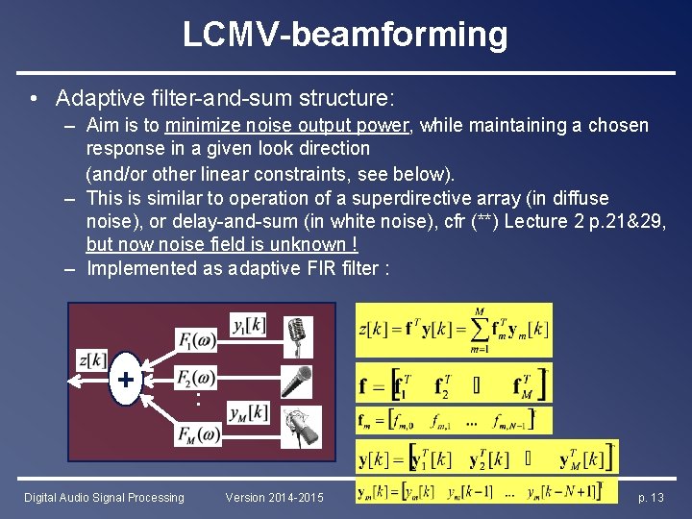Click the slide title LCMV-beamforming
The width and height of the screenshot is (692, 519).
(x=345, y=35)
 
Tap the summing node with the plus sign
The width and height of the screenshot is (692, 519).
(x=125, y=378)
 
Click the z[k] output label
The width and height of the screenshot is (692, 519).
(x=93, y=359)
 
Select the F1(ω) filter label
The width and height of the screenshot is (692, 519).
(x=197, y=339)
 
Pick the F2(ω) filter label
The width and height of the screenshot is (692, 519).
(x=197, y=377)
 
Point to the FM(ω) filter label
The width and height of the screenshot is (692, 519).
(x=198, y=434)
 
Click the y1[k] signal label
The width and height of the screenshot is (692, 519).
(x=249, y=325)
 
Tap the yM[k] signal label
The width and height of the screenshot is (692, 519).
(x=249, y=412)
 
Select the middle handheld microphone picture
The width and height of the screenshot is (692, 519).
(x=298, y=381)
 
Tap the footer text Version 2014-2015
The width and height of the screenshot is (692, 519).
(x=275, y=498)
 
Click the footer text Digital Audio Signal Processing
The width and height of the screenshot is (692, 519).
(x=104, y=498)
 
